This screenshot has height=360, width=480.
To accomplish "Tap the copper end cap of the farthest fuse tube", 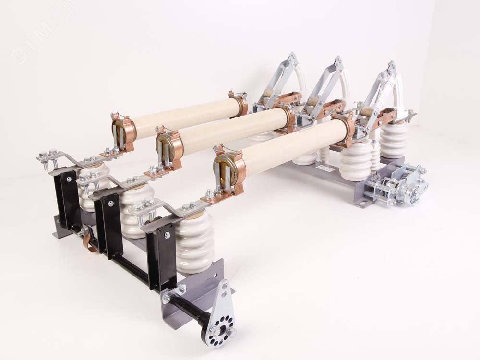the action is tap(123, 129).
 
